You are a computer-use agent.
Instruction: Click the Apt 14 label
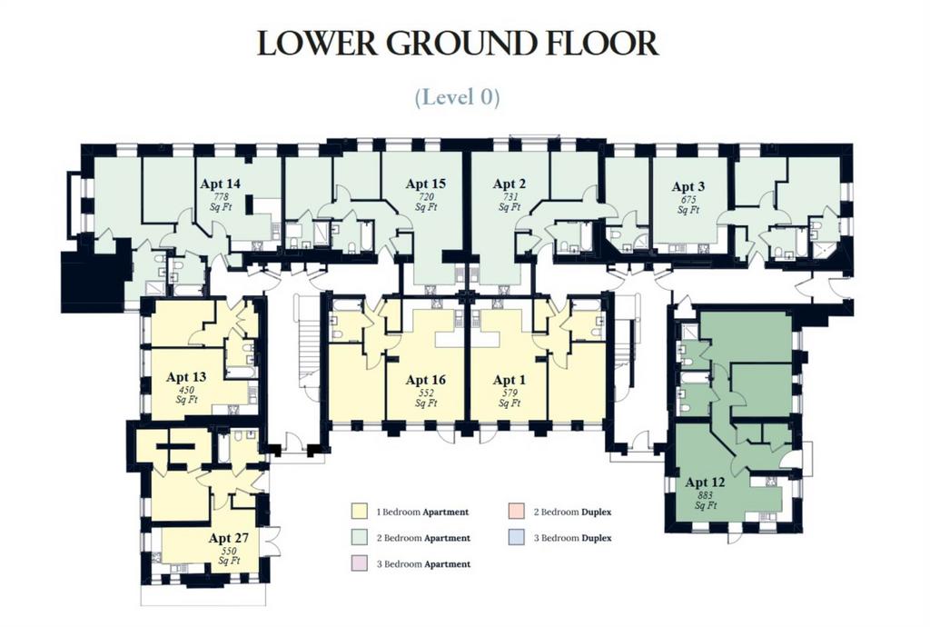pos(220,184)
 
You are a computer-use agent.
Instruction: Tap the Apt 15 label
pos(425,184)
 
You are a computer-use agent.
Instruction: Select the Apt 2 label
pos(509,184)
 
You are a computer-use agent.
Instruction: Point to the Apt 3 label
pos(688,186)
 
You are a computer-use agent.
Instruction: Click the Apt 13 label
pos(186,377)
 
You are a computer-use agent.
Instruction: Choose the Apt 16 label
pos(425,380)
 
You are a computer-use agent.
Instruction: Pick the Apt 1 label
pos(509,380)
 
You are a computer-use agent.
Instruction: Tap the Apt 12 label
pos(705,483)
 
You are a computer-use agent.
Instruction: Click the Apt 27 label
pos(228,538)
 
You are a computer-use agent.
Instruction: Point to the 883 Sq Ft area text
pos(705,501)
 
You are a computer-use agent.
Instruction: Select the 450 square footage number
pos(186,391)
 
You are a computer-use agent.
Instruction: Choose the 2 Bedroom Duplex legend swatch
pos(515,512)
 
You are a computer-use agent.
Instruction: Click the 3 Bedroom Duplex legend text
pos(572,538)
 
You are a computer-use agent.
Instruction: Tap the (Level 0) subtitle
pos(458,96)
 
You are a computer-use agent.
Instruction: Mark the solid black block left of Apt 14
pos(94,276)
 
